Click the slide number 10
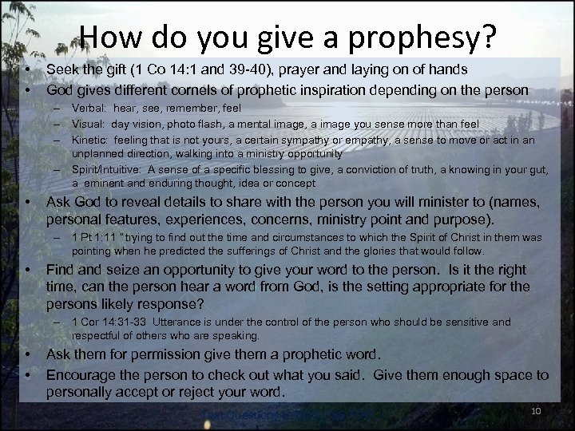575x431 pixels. (537, 410)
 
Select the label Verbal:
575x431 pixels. (89, 108)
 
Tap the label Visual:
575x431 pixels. (89, 123)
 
